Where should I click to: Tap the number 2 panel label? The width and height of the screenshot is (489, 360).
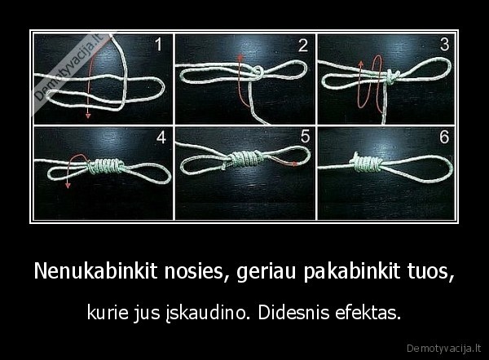point(302,46)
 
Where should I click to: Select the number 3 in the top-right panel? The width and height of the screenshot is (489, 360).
point(444,46)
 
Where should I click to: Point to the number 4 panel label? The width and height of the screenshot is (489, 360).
point(161,138)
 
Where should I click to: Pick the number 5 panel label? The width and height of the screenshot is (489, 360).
point(304,138)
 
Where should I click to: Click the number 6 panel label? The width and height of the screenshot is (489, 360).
point(444,138)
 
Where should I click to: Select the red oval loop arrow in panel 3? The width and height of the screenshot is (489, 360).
point(376,81)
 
